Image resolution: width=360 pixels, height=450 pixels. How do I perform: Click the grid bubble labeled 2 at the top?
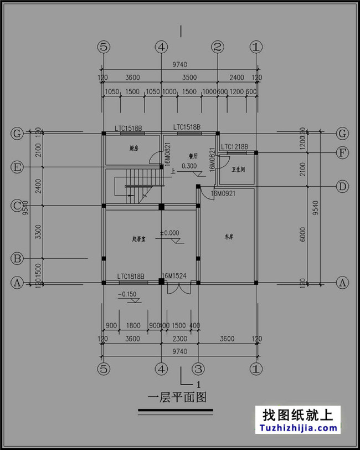[x=218, y=48]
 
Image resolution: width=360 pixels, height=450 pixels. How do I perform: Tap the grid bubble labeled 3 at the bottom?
[x=198, y=367]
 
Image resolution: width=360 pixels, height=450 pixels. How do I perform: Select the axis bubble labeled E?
[x=17, y=167]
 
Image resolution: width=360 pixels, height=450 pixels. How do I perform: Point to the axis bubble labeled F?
[x=343, y=152]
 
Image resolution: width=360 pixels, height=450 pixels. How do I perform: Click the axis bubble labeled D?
[x=343, y=187]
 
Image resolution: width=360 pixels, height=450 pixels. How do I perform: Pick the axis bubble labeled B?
[x=17, y=258]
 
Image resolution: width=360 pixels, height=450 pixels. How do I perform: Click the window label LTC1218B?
[x=234, y=147]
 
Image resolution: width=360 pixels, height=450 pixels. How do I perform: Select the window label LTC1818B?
[x=131, y=276]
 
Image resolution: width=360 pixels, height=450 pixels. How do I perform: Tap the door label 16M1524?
[x=175, y=276]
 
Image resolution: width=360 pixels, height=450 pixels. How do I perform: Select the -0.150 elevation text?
[x=128, y=294]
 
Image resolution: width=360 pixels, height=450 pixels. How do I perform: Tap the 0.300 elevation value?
[x=189, y=166]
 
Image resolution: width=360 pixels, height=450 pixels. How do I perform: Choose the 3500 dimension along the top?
[x=189, y=77]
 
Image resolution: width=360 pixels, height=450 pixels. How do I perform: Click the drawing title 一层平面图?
[x=177, y=397]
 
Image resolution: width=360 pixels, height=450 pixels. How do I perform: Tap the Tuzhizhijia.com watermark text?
[x=298, y=428]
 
